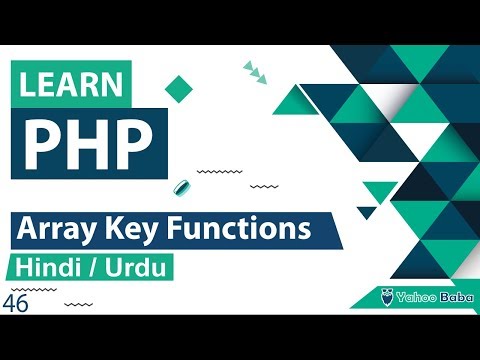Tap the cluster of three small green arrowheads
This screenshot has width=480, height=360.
[255, 70]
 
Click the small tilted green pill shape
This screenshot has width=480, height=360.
[182, 188]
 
